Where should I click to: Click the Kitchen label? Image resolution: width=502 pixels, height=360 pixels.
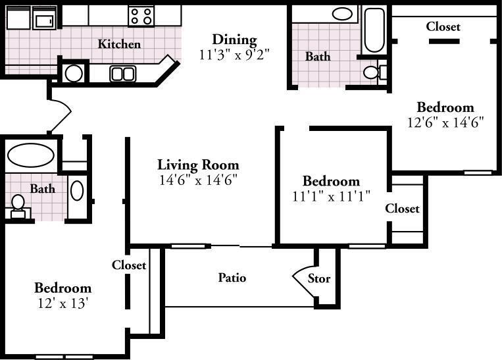click(119, 44)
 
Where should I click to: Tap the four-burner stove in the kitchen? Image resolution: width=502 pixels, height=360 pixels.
click(141, 16)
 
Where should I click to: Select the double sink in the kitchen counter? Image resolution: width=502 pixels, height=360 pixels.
click(122, 74)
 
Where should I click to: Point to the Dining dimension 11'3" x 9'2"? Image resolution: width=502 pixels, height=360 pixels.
click(234, 55)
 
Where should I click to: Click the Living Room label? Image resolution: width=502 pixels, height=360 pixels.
click(198, 165)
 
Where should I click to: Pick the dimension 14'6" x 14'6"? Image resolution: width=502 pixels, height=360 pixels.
click(198, 180)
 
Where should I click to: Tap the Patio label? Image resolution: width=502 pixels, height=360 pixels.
click(232, 277)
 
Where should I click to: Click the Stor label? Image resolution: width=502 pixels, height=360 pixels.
click(319, 278)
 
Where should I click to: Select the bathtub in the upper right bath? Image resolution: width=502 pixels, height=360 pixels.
click(374, 30)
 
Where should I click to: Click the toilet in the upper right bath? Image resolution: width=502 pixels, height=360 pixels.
click(375, 72)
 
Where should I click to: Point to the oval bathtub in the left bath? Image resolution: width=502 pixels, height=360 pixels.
click(31, 155)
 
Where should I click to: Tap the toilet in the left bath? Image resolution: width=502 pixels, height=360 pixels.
click(18, 206)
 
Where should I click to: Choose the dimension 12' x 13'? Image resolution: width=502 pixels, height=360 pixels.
click(63, 303)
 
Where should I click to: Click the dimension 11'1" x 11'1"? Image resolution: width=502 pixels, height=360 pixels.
click(331, 196)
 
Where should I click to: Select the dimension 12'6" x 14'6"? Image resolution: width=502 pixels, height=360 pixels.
click(445, 122)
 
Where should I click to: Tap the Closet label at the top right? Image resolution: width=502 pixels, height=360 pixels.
click(443, 26)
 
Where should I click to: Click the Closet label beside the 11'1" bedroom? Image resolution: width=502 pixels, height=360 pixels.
click(402, 208)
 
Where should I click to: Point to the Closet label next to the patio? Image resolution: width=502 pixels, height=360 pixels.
click(129, 265)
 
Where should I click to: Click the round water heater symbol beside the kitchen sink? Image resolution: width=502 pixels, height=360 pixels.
click(74, 74)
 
